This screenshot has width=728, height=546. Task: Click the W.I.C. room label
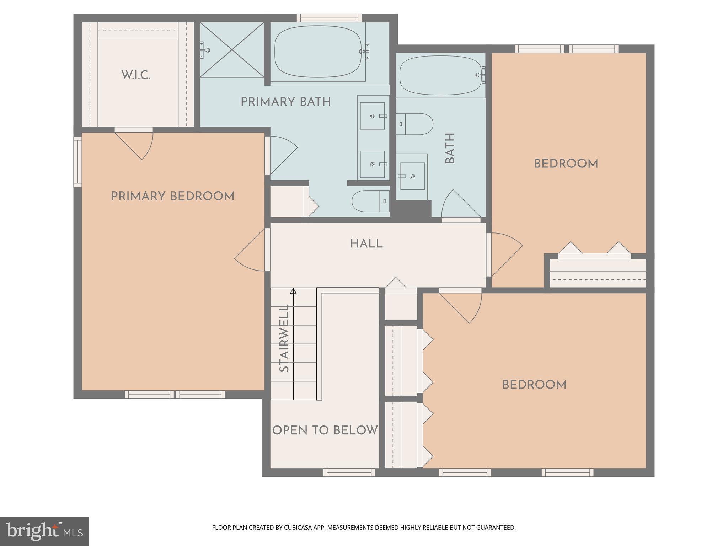[136, 75]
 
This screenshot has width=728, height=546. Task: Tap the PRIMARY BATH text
[285, 102]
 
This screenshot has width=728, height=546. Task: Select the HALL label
[366, 244]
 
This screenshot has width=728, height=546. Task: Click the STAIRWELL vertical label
[284, 338]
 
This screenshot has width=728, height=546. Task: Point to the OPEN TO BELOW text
[325, 430]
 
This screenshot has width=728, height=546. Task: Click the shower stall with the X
[232, 50]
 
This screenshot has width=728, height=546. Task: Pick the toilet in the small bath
[414, 124]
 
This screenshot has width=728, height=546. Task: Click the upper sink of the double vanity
[372, 116]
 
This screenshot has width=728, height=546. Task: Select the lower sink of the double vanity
[372, 164]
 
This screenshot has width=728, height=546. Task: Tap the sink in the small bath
[412, 176]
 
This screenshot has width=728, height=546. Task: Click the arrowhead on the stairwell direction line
[293, 291]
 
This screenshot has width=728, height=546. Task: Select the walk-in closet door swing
[139, 144]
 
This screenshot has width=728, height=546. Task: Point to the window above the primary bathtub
[329, 18]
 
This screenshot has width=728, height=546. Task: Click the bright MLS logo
[44, 531]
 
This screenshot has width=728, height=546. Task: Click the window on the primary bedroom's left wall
[77, 162]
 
